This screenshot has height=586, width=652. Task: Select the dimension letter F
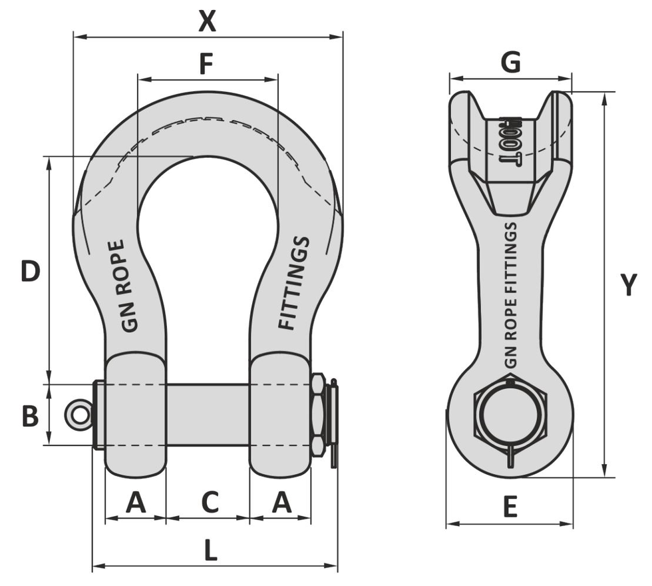tap(206, 65)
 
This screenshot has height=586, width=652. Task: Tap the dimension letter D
tap(30, 271)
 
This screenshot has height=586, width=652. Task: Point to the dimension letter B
tap(30, 416)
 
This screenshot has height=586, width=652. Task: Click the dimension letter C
tap(210, 502)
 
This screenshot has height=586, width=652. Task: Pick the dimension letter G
tap(510, 63)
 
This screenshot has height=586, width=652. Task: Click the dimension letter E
tap(510, 508)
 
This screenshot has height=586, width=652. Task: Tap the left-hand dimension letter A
tap(136, 502)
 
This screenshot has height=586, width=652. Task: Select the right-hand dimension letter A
tap(281, 502)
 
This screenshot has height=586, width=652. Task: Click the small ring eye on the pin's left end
tap(77, 415)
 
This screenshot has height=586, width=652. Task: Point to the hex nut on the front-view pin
tap(318, 414)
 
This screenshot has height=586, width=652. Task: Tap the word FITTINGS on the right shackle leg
tap(294, 283)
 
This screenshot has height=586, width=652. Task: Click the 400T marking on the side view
tap(510, 141)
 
